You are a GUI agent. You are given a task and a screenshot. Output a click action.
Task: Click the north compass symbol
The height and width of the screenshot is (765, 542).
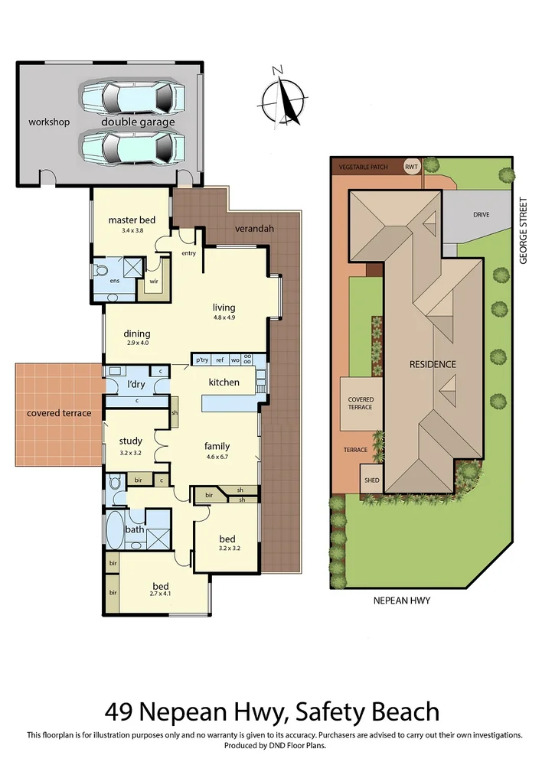click(x=282, y=97)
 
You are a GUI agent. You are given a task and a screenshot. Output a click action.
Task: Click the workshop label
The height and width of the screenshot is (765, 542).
click(x=49, y=122)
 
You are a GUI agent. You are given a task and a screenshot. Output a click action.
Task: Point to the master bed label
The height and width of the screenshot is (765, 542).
click(x=132, y=220)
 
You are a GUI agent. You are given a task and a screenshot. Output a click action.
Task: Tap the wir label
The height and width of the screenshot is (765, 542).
click(x=153, y=282)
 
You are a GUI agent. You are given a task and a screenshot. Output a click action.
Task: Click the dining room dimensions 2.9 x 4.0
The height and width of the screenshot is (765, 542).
click(x=138, y=344)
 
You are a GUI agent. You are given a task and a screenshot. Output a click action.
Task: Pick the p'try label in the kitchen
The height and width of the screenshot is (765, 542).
click(x=202, y=360)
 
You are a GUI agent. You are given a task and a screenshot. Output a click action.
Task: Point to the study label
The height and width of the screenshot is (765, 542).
click(x=130, y=441)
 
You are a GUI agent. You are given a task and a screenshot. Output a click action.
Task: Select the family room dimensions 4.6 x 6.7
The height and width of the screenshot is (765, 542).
click(x=217, y=457)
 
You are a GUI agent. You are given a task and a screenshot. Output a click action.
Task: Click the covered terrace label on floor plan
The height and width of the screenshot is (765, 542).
click(x=59, y=413)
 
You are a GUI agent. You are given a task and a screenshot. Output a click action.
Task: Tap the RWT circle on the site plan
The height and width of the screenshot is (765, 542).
click(x=412, y=167)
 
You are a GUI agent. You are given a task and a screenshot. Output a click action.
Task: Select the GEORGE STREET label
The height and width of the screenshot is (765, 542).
click(x=524, y=231)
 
